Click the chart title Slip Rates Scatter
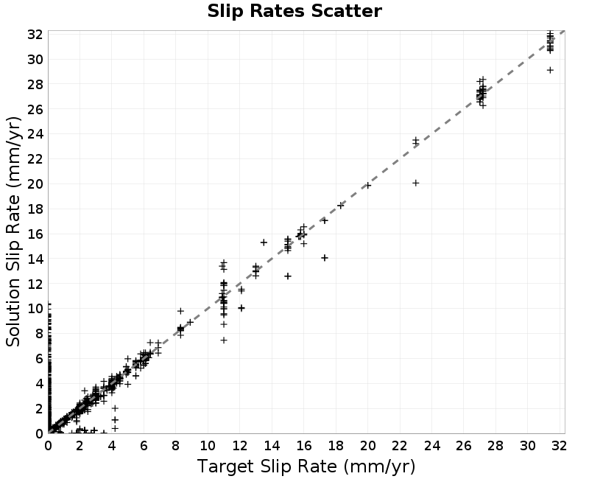[x=294, y=11]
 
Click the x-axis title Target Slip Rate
[x=306, y=466]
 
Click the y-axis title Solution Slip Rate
[x=13, y=231]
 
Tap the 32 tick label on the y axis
[x=35, y=35]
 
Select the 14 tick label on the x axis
[x=272, y=446]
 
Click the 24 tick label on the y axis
[x=35, y=134]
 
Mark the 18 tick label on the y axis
[x=35, y=209]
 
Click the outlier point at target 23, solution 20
[x=415, y=183]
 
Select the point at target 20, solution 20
[x=367, y=186]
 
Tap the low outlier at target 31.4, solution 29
[x=550, y=70]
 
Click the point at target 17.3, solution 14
[x=325, y=257]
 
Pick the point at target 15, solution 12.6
[x=288, y=276]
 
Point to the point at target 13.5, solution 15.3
[x=264, y=242]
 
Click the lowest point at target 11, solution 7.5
[x=224, y=340]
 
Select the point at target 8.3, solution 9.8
[x=180, y=311]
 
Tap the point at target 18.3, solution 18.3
[x=341, y=206]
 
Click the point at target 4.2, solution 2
[x=115, y=408]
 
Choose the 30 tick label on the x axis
[x=527, y=446]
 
